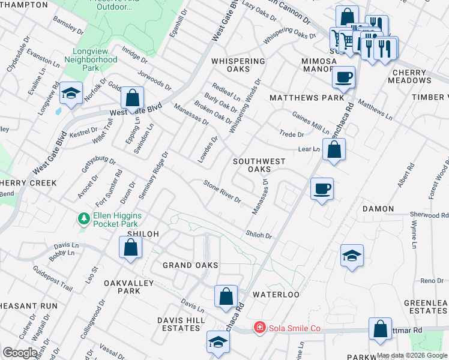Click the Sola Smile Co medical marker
pos(259,328)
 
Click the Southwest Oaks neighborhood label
pos(259,165)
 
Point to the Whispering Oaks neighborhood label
pos(238,65)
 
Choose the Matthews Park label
pos(307,97)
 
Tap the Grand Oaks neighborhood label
pos(191,265)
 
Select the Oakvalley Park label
pos(122,287)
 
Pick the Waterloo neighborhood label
pos(276,295)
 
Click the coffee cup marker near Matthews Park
pos(343,77)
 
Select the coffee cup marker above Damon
pos(322,189)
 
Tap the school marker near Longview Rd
pos(71,94)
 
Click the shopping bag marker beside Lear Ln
pos(335,150)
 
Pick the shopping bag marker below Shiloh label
pos(130,247)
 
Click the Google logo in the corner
pos(20,353)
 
